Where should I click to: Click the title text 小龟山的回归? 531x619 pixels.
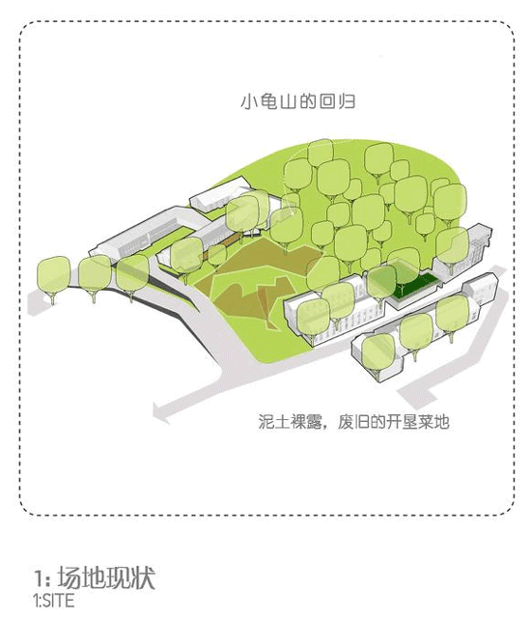pyautogui.click(x=297, y=101)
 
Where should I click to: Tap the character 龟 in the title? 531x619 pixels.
pyautogui.click(x=268, y=101)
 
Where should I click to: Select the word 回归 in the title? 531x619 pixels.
pyautogui.click(x=337, y=101)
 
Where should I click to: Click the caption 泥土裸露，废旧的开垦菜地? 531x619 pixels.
pyautogui.click(x=353, y=422)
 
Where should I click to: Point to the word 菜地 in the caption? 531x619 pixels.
pyautogui.click(x=433, y=422)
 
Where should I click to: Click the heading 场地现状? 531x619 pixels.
pyautogui.click(x=106, y=577)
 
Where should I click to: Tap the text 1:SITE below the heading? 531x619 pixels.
pyautogui.click(x=54, y=601)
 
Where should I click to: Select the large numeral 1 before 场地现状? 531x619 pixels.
pyautogui.click(x=39, y=578)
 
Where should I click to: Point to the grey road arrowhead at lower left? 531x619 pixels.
pyautogui.click(x=160, y=412)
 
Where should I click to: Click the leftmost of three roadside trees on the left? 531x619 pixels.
pyautogui.click(x=53, y=279)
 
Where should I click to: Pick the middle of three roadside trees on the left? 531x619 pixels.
pyautogui.click(x=95, y=277)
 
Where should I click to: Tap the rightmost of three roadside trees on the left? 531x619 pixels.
pyautogui.click(x=132, y=276)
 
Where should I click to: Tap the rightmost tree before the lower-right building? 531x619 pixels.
pyautogui.click(x=452, y=317)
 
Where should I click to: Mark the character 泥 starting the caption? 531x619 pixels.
pyautogui.click(x=266, y=422)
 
